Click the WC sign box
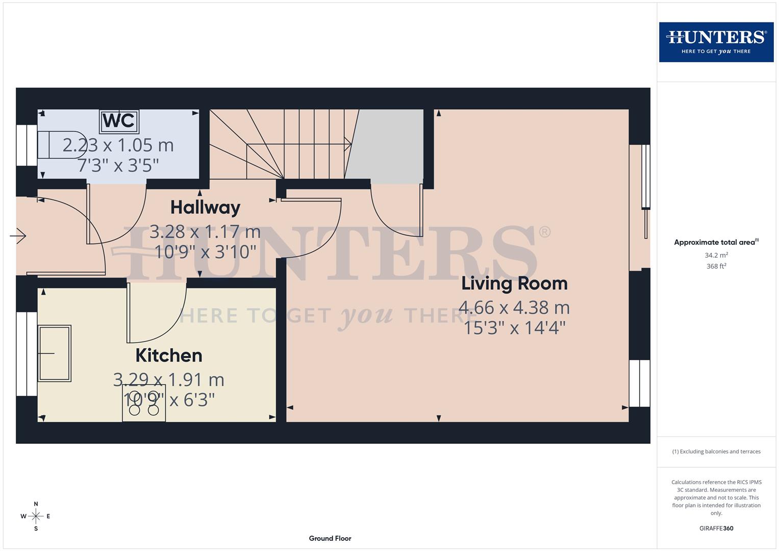(x=119, y=121)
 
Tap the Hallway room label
(x=205, y=207)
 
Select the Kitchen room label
(x=169, y=355)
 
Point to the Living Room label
(x=514, y=283)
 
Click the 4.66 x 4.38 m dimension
(x=514, y=307)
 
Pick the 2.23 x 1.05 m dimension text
(x=118, y=145)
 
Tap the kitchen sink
(x=54, y=353)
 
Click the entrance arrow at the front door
(x=18, y=236)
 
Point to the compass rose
(x=36, y=516)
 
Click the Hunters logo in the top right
(x=716, y=42)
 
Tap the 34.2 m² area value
(x=716, y=255)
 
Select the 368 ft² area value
(x=716, y=266)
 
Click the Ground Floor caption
(x=330, y=538)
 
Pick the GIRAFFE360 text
(x=716, y=529)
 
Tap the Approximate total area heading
(x=716, y=242)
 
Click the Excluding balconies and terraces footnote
(x=716, y=452)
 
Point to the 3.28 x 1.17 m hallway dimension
(x=205, y=232)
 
